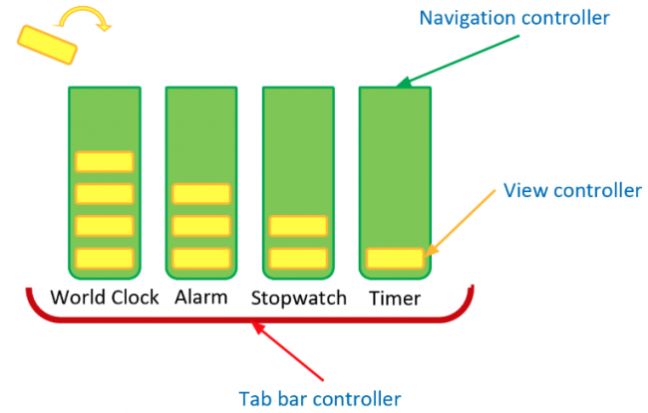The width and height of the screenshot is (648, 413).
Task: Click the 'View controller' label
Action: pyautogui.click(x=572, y=190)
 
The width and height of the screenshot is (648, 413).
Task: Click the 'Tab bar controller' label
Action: pyautogui.click(x=319, y=398)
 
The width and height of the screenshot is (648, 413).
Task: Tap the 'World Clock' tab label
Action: pyautogui.click(x=104, y=297)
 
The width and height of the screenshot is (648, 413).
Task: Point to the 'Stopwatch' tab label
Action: pyautogui.click(x=298, y=298)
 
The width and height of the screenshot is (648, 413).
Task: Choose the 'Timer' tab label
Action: pyautogui.click(x=394, y=298)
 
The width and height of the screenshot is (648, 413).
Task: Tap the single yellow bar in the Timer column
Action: pyautogui.click(x=395, y=259)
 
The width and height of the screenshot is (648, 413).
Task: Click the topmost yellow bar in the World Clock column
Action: pyautogui.click(x=104, y=161)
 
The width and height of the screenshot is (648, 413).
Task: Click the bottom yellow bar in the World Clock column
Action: pyautogui.click(x=104, y=259)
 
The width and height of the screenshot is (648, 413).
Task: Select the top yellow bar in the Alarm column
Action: pyautogui.click(x=200, y=193)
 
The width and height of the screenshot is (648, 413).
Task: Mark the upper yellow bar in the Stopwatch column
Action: pyautogui.click(x=298, y=227)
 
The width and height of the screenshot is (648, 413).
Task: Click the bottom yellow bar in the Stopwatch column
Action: pyautogui.click(x=298, y=259)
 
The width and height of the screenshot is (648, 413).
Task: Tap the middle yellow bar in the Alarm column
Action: pyautogui.click(x=200, y=226)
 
